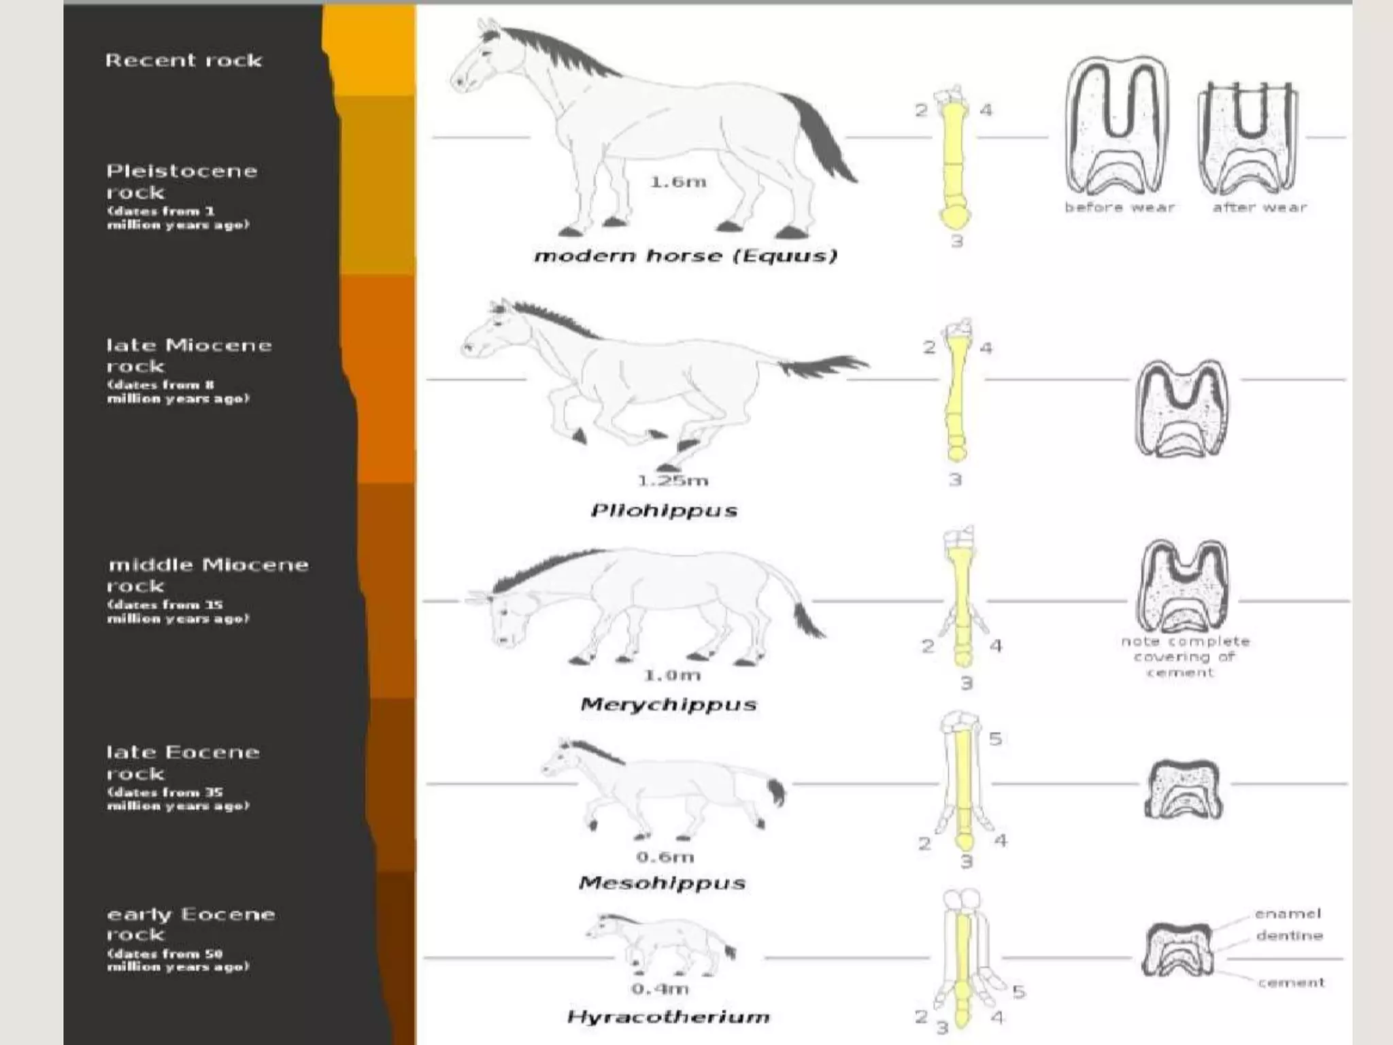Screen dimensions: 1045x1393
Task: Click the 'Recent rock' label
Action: point(183,61)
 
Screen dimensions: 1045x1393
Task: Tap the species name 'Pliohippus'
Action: point(664,510)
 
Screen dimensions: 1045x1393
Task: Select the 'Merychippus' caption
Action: point(668,704)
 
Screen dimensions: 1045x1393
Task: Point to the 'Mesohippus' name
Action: point(662,883)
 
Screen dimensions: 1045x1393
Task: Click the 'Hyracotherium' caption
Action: point(668,1017)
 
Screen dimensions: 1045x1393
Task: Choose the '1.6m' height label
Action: point(677,182)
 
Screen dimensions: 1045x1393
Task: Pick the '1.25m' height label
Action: point(673,481)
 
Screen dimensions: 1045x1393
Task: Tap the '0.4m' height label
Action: point(660,989)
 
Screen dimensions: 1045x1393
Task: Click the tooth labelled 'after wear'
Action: point(1247,136)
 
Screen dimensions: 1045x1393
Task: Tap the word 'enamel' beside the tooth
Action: point(1288,914)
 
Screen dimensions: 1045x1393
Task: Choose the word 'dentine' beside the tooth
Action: point(1289,935)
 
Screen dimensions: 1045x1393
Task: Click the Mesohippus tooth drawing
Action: point(1184,790)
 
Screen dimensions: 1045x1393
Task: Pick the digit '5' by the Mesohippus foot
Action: point(995,739)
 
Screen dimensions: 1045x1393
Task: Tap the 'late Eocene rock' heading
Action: point(182,763)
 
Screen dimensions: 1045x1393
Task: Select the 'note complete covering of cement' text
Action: point(1185,657)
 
